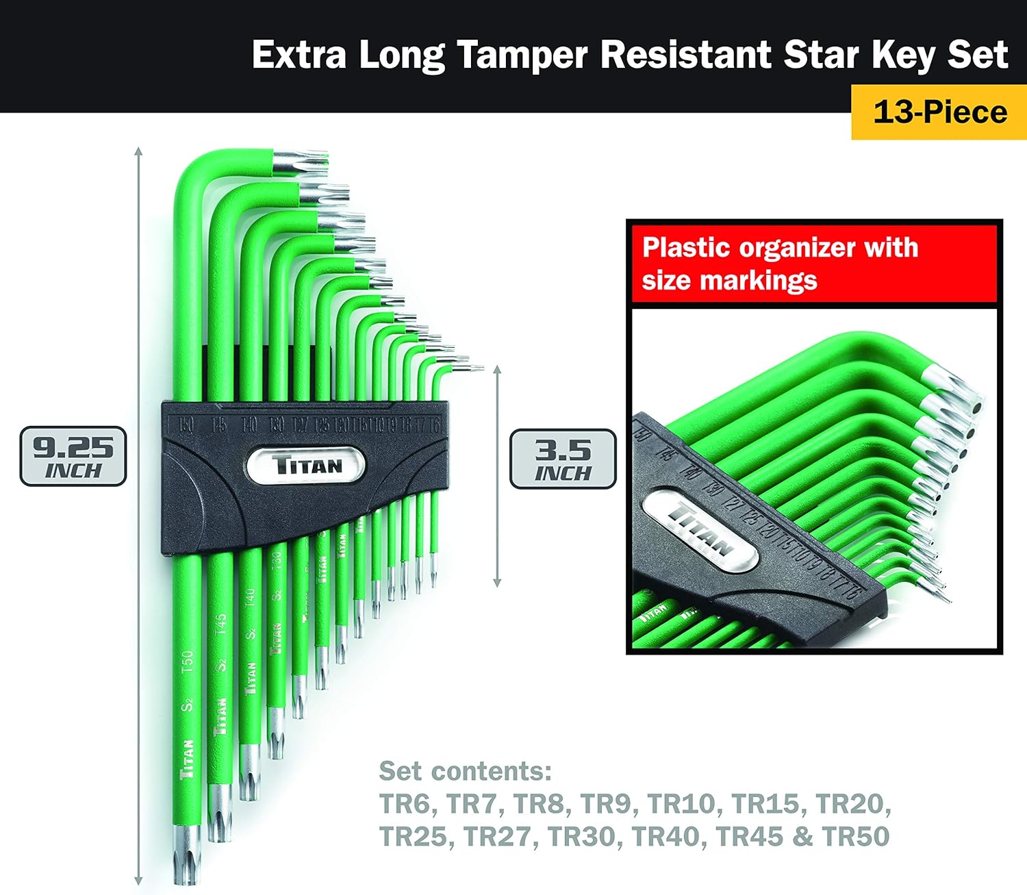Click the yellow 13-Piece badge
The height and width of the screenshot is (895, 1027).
[939, 112]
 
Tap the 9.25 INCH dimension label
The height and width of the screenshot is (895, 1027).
[73, 457]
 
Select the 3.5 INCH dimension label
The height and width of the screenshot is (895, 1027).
[563, 459]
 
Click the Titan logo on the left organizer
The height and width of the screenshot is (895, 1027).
[306, 466]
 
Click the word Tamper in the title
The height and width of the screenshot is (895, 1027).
[522, 55]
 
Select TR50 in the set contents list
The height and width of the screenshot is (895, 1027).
[856, 836]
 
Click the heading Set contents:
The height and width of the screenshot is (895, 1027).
[466, 771]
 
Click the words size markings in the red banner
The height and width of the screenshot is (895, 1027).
[729, 281]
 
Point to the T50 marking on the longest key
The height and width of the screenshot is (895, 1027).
[187, 662]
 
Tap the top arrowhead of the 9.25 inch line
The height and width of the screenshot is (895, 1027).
[138, 151]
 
